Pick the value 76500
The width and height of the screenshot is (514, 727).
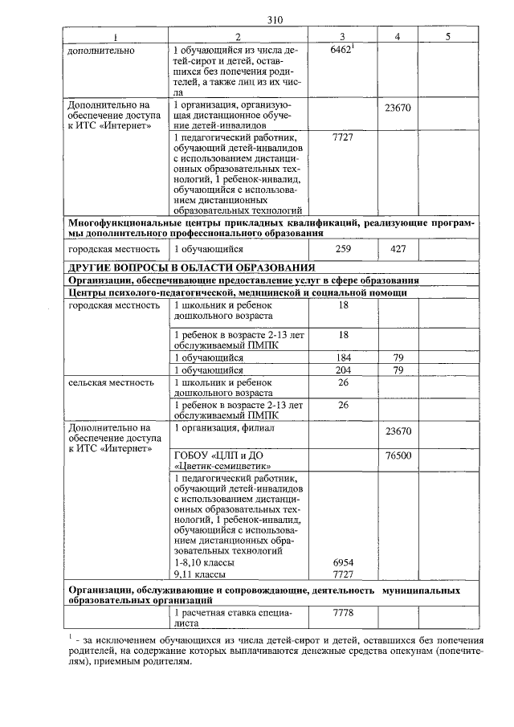click(x=398, y=455)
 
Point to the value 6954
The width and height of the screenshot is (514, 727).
click(x=343, y=563)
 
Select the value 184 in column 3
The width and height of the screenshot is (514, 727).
click(x=343, y=357)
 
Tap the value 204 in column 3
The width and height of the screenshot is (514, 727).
click(x=343, y=370)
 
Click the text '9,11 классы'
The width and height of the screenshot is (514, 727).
click(x=199, y=575)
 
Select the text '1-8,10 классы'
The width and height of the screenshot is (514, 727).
click(x=204, y=563)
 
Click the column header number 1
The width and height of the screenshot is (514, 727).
click(x=114, y=37)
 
